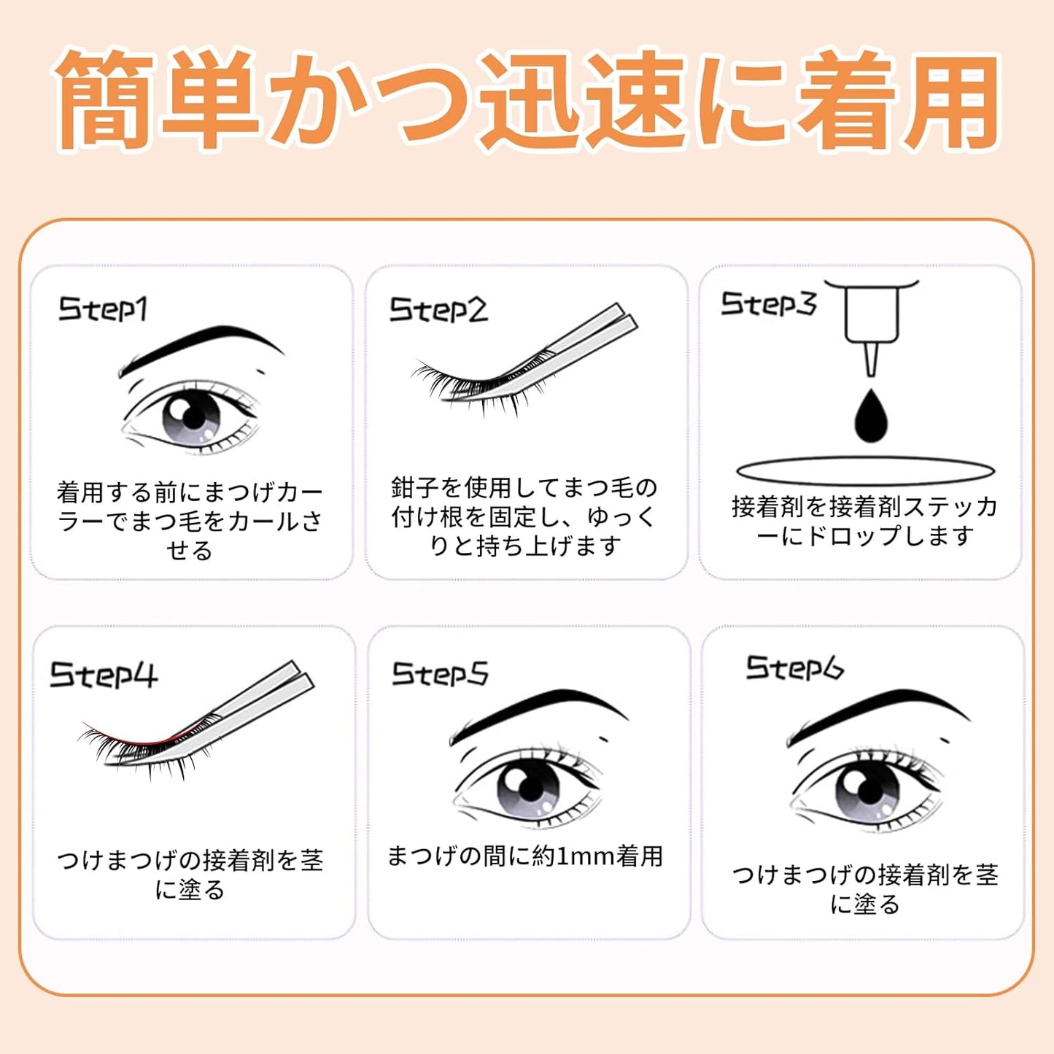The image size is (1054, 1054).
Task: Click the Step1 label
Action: (103, 309)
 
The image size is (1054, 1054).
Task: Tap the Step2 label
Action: (438, 310)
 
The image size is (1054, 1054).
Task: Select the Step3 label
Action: (768, 303)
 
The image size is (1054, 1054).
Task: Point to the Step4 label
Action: (103, 675)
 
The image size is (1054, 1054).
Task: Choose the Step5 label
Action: (440, 673)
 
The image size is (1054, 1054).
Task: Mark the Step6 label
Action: (794, 667)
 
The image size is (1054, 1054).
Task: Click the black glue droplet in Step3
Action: (870, 418)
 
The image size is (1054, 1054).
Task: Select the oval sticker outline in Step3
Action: (865, 470)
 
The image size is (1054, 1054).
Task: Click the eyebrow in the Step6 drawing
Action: (868, 711)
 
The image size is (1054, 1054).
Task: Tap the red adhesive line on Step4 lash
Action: (139, 738)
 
